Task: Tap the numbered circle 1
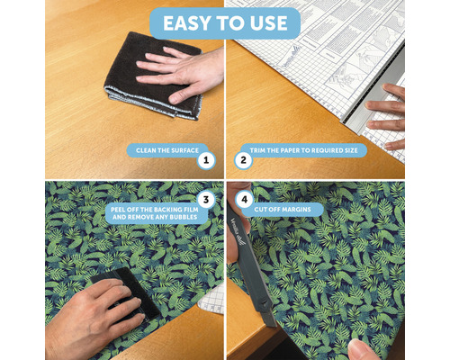(207, 161)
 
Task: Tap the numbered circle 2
(242, 161)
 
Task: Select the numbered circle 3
(207, 201)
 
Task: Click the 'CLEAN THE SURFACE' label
(163, 151)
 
